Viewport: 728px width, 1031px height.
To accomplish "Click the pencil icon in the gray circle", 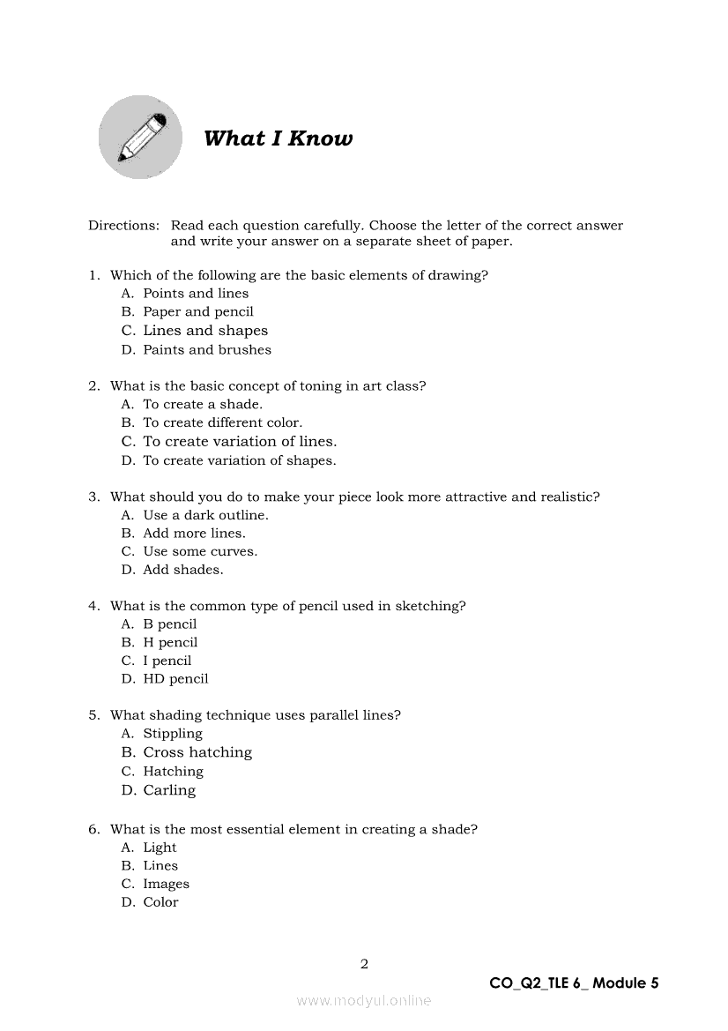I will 140,138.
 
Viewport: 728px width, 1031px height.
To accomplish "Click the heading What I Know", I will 278,138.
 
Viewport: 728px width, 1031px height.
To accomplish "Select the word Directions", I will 123,226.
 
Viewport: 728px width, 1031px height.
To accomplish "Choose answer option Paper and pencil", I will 198,311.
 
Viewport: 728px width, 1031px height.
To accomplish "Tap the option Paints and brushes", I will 207,349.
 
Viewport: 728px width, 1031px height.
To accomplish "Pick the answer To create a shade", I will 203,404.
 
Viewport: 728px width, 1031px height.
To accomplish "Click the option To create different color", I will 222,422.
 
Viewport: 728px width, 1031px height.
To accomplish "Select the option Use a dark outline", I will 205,515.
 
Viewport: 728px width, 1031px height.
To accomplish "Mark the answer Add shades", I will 183,570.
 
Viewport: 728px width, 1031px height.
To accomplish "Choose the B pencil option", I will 170,624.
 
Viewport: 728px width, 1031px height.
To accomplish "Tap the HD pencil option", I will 175,679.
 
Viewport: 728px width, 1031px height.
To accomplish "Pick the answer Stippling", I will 173,734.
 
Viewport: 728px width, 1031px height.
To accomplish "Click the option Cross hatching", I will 197,752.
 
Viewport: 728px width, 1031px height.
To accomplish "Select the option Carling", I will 169,790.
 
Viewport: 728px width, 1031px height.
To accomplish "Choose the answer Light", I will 160,848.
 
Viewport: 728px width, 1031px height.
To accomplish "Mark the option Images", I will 166,884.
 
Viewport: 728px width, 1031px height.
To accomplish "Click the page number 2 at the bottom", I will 364,964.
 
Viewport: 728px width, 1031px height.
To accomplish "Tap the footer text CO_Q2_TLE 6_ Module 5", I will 574,983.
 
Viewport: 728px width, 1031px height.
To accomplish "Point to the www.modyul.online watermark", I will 364,1001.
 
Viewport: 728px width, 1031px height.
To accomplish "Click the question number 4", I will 93,606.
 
